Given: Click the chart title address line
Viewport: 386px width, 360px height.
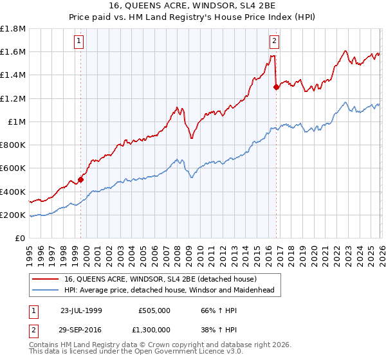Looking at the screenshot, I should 193,6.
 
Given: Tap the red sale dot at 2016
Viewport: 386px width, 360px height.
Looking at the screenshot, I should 277,87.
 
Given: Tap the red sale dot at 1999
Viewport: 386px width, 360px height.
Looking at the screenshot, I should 81,179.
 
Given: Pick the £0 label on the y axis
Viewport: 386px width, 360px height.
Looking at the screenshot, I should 20,238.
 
